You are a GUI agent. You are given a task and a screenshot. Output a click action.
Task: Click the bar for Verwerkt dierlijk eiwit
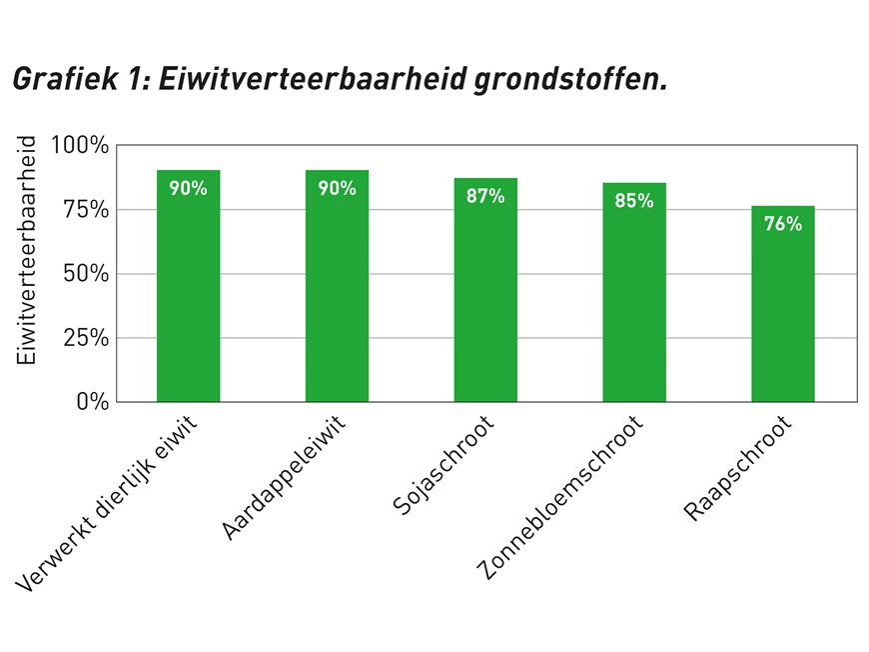[188, 290]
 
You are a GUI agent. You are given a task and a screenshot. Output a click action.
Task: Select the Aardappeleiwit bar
[337, 290]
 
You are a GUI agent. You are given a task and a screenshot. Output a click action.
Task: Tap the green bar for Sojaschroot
[485, 295]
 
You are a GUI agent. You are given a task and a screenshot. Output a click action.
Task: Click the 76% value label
[783, 224]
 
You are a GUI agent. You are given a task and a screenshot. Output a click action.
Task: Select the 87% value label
[485, 196]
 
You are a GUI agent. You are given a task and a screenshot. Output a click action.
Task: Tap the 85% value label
[634, 201]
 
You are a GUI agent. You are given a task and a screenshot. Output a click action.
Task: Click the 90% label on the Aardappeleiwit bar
[337, 188]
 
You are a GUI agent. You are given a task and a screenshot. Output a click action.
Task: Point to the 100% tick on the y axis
[81, 146]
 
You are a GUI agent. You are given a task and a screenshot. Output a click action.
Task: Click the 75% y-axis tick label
[86, 210]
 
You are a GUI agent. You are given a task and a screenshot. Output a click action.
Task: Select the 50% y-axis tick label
[86, 274]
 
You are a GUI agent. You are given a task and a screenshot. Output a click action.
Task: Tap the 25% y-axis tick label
[86, 338]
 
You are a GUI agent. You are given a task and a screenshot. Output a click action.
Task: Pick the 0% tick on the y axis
[92, 401]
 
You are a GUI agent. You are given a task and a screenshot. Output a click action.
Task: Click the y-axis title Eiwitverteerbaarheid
[28, 250]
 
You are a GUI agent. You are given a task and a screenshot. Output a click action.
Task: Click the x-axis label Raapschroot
[738, 469]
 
